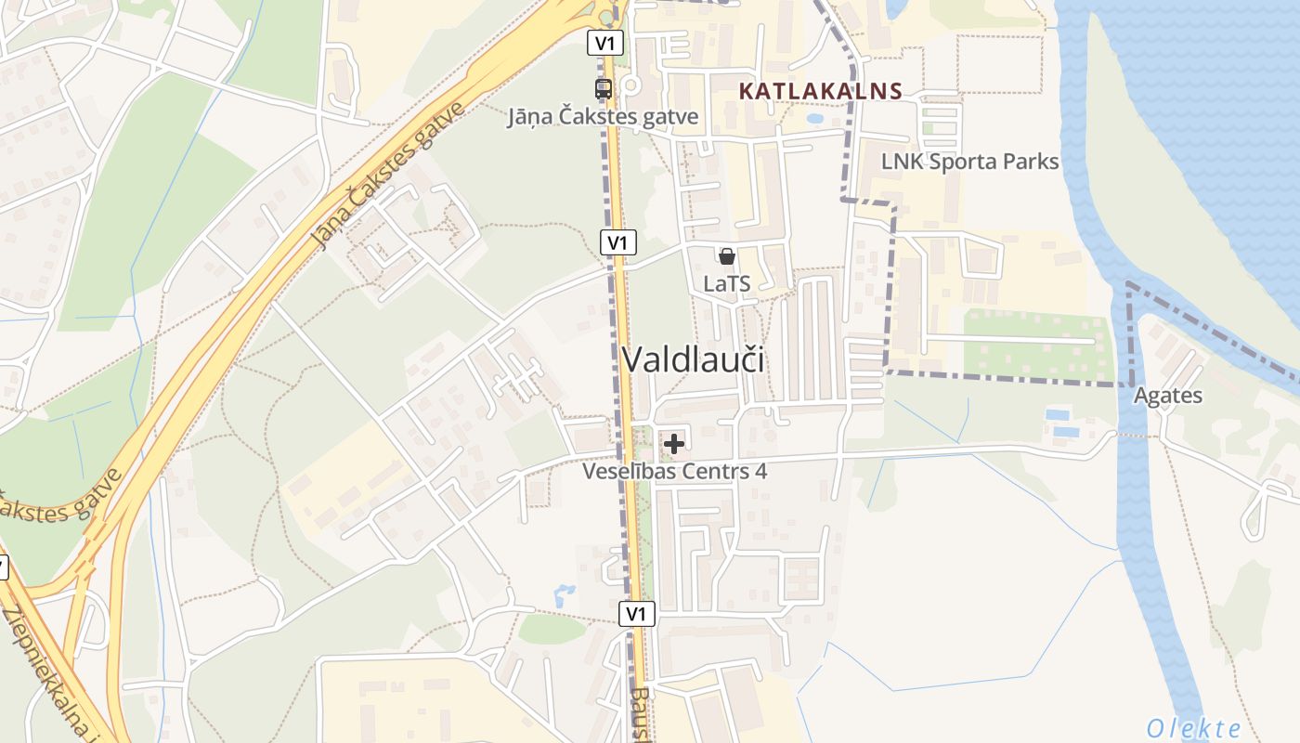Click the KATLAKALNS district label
click(821, 91)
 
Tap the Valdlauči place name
click(693, 359)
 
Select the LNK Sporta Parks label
click(969, 162)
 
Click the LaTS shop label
click(726, 284)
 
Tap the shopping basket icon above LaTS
click(727, 256)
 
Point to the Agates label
click(1167, 396)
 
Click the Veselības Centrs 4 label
click(674, 471)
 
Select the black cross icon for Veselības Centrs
click(674, 444)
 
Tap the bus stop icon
click(604, 89)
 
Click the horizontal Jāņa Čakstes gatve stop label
click(603, 117)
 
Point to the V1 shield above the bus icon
click(604, 43)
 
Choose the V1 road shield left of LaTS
click(617, 242)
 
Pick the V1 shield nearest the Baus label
click(636, 613)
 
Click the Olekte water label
click(1193, 727)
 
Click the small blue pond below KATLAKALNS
click(814, 119)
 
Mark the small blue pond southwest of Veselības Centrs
click(564, 594)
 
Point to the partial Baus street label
click(640, 715)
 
